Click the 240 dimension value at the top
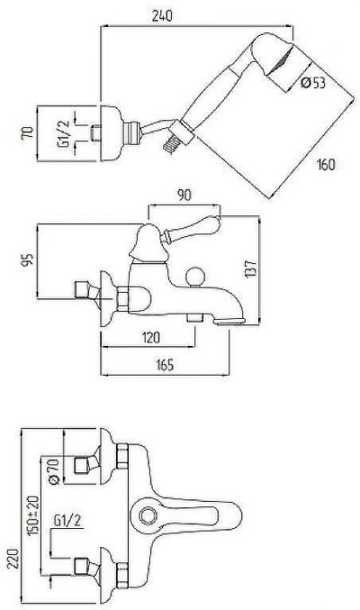point(161,16)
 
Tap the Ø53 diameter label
point(313,83)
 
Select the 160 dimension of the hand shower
point(326,165)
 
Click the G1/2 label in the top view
point(64,134)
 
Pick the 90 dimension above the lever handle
point(184,195)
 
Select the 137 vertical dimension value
point(251,268)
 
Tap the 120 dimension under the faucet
point(151,337)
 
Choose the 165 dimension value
point(165,365)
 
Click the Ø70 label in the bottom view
point(54,471)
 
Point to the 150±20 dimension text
point(34,516)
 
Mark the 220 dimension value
point(13,559)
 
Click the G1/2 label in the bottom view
point(68,520)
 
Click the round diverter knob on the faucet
point(194,276)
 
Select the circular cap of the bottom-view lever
point(148,516)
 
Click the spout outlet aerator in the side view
point(230,321)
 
